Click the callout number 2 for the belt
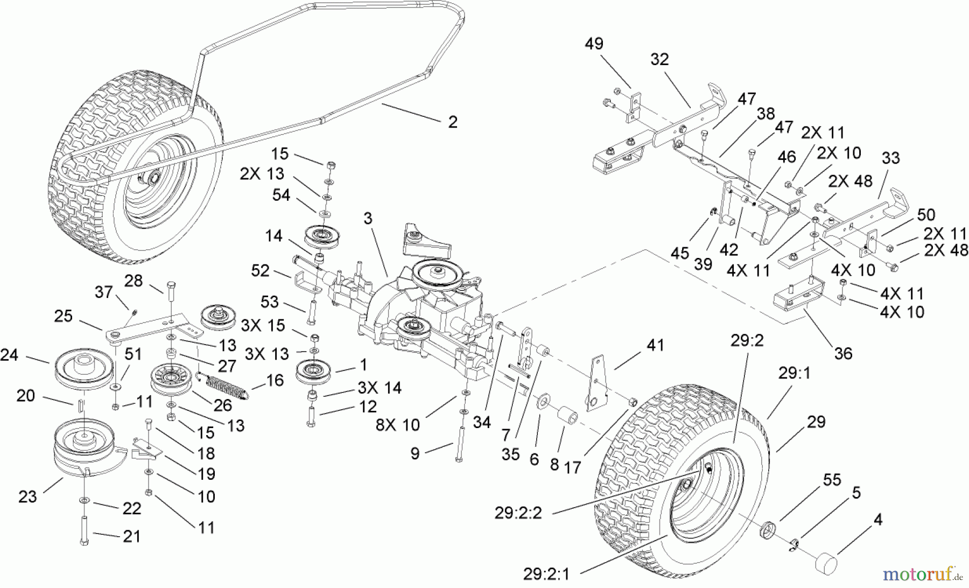[x=452, y=122]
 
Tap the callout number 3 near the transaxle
[x=368, y=219]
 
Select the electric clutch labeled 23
[x=83, y=447]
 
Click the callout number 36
[x=843, y=353]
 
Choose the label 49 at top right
[x=594, y=44]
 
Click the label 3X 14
[x=379, y=388]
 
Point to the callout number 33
[x=890, y=158]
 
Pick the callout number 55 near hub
[x=832, y=480]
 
